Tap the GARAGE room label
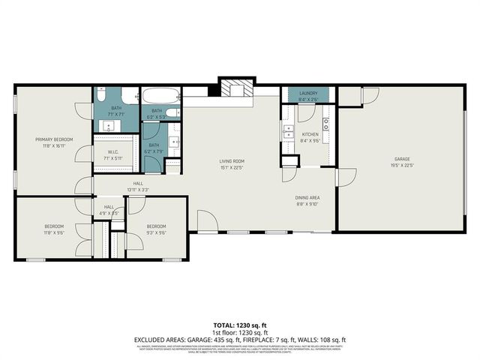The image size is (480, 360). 403,159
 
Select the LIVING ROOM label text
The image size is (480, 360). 232,160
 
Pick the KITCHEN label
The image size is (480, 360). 310,135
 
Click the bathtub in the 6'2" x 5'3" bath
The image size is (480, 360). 160,97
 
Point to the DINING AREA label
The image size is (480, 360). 307,198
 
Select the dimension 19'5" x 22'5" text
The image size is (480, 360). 403,166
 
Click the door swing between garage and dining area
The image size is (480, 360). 346,177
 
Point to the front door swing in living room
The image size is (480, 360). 207,220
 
